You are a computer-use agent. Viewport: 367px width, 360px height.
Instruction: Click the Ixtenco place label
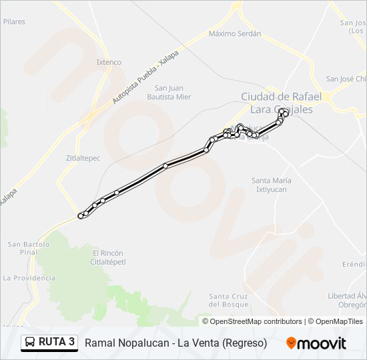tap(109, 62)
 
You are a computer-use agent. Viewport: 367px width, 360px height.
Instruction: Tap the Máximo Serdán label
tap(234, 33)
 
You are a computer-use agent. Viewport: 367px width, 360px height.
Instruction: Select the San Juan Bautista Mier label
tap(173, 92)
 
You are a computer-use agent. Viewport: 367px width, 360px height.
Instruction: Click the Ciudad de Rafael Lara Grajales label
tap(281, 103)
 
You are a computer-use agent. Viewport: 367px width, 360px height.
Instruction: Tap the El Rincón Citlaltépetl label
tap(108, 257)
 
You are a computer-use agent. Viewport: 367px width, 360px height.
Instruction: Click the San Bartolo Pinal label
tap(29, 248)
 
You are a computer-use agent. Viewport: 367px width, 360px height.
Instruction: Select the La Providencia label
tap(29, 277)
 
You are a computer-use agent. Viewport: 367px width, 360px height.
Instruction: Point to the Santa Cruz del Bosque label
tap(229, 300)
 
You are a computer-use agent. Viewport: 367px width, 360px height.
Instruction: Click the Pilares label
tap(14, 21)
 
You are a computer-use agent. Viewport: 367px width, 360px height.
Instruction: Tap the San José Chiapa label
tap(346, 79)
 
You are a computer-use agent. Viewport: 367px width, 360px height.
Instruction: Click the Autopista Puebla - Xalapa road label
tap(145, 77)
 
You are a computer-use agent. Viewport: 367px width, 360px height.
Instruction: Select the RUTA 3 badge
tap(49, 343)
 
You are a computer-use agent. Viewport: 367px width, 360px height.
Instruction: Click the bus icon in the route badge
tap(30, 343)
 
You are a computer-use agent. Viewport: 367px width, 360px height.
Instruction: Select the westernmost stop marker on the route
tap(81, 215)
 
